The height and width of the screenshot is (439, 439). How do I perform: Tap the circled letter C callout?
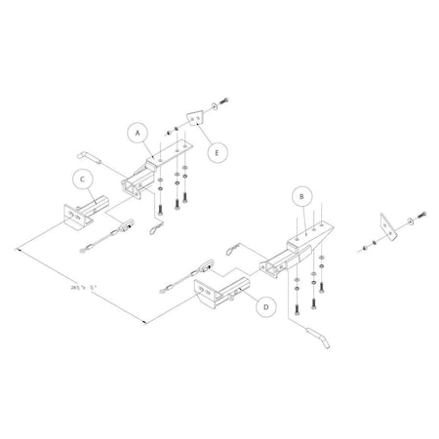83,178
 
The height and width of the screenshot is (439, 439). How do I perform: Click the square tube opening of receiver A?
129,184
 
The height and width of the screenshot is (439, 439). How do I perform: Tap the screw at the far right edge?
420,214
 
